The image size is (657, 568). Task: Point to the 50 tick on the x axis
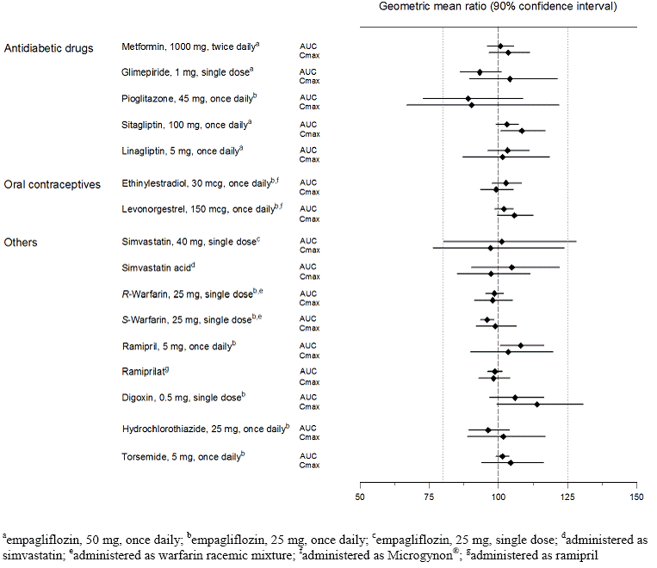(x=360, y=497)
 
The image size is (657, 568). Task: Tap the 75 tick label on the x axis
(x=429, y=497)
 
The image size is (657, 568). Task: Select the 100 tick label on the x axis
(x=498, y=497)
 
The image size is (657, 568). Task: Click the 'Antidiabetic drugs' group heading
(x=49, y=47)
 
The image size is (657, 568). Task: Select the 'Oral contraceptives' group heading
(x=53, y=184)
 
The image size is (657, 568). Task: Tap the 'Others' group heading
(x=22, y=243)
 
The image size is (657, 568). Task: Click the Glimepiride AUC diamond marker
(x=480, y=71)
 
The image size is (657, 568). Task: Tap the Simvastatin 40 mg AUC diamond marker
(x=502, y=242)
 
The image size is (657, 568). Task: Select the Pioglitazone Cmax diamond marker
(x=471, y=105)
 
